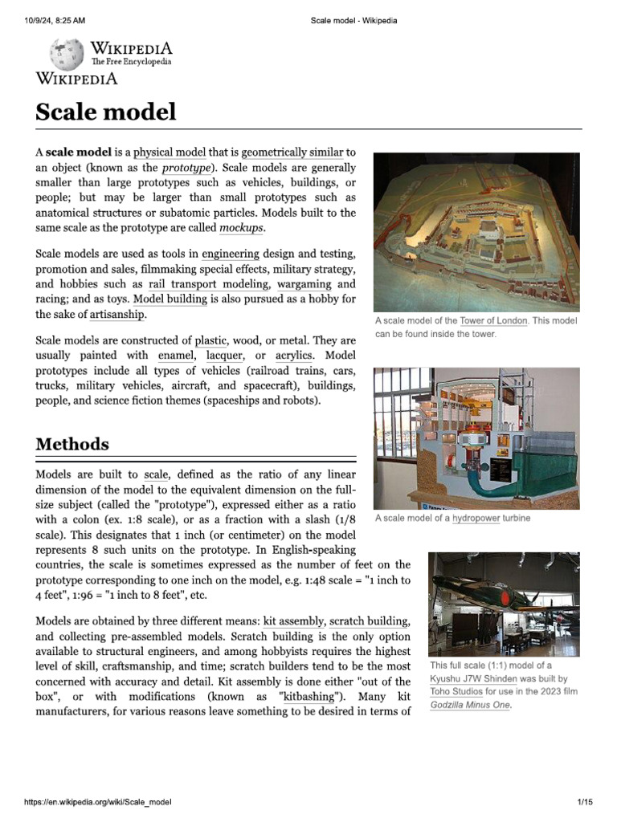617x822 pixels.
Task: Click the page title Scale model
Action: coord(105,112)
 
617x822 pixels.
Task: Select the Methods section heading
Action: coord(72,444)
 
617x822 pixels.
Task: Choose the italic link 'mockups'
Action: coord(241,228)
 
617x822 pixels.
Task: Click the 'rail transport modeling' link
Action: coord(209,284)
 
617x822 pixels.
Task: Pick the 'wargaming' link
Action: coord(304,284)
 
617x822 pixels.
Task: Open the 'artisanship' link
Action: coord(117,314)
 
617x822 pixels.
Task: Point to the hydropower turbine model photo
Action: coord(476,438)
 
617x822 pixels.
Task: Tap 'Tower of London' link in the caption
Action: coord(493,321)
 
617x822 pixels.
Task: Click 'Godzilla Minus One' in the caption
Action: coord(469,705)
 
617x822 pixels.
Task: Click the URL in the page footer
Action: coord(98,802)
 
